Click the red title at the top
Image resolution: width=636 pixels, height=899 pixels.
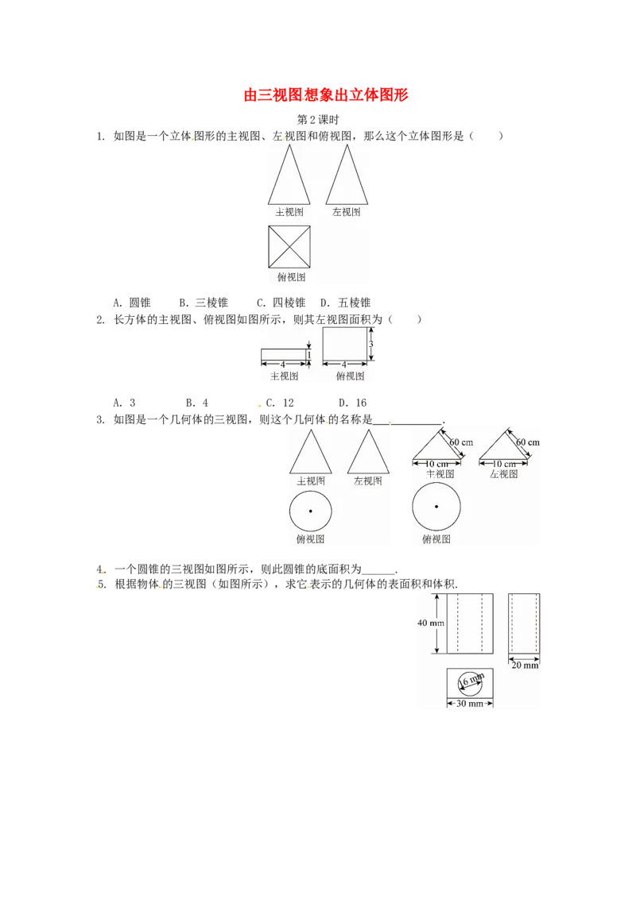click(x=325, y=95)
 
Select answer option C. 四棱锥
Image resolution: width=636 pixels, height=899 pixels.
click(x=281, y=303)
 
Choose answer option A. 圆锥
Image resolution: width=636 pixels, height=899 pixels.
click(x=132, y=303)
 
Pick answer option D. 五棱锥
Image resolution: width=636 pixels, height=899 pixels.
click(x=346, y=303)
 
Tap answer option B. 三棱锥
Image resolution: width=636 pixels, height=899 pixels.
click(x=204, y=303)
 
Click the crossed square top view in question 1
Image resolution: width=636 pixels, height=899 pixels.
click(x=289, y=246)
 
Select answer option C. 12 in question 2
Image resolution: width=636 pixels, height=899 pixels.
click(x=280, y=403)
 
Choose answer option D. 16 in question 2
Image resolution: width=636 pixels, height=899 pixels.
click(x=352, y=403)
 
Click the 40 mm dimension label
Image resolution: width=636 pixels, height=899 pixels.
click(x=431, y=623)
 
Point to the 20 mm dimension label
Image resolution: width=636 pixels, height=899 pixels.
click(x=525, y=665)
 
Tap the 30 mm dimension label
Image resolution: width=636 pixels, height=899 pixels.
click(x=470, y=704)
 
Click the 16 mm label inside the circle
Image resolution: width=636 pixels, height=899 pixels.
click(x=471, y=681)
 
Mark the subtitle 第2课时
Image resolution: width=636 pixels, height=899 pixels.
click(x=318, y=120)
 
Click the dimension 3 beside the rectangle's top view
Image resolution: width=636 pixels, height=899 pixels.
click(x=370, y=345)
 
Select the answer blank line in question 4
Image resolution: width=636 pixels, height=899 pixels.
click(x=379, y=573)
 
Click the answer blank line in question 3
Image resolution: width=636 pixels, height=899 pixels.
click(x=408, y=424)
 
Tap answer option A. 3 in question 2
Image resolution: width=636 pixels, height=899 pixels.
click(x=125, y=403)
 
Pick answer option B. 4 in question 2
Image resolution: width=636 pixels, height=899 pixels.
click(x=197, y=403)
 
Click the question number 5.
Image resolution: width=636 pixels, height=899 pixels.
click(x=102, y=585)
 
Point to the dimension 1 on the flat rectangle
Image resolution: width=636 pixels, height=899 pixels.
click(x=308, y=356)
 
